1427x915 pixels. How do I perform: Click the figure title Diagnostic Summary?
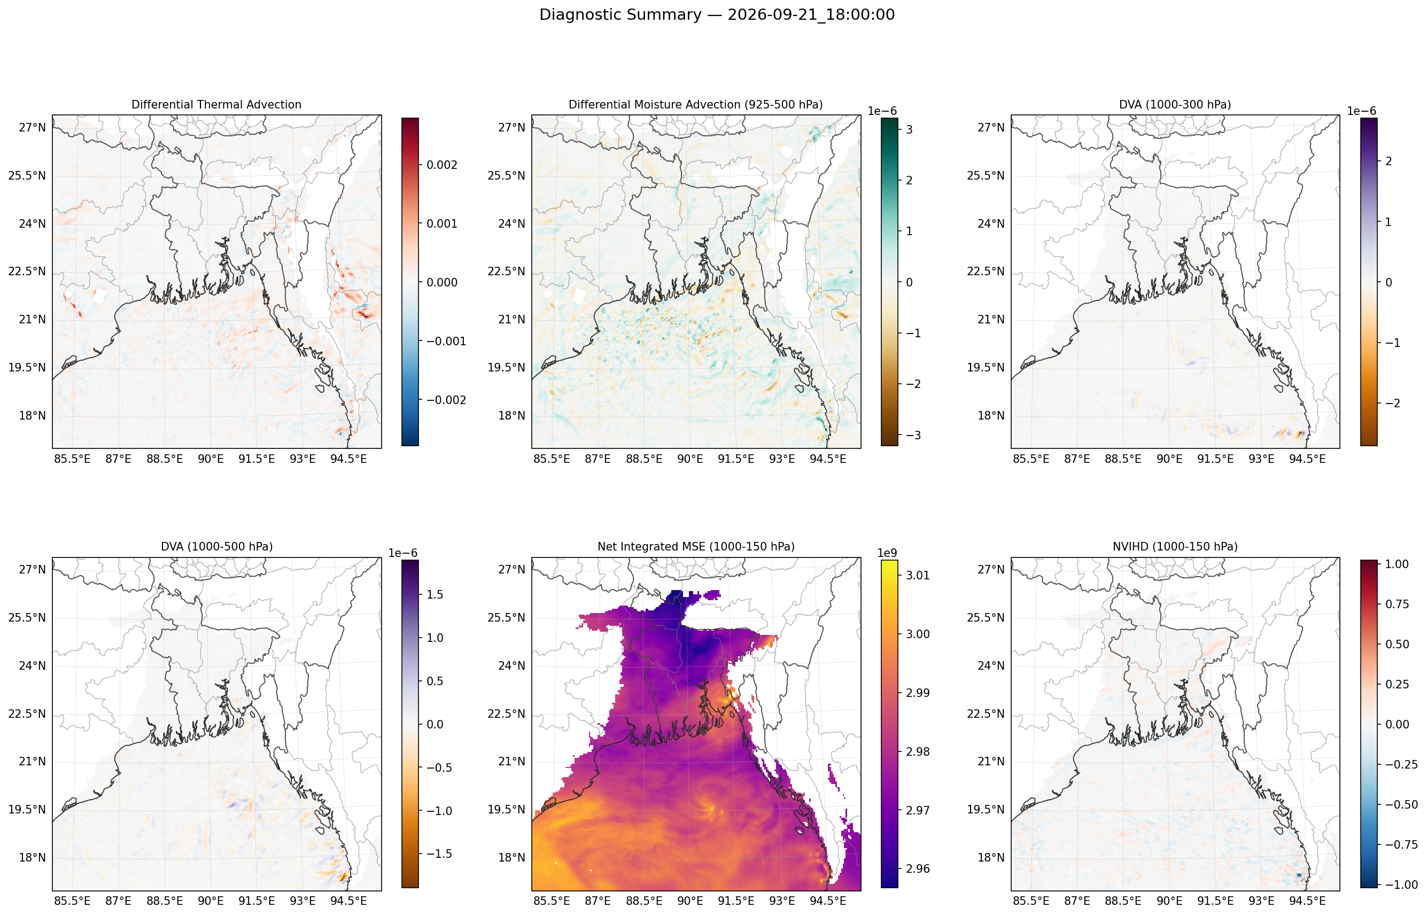(x=620, y=15)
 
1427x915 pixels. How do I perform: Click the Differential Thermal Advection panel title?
(x=216, y=105)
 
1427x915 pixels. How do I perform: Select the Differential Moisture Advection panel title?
(x=696, y=105)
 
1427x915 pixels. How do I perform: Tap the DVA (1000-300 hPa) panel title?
(x=1175, y=105)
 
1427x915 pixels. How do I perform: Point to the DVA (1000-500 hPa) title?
(x=217, y=547)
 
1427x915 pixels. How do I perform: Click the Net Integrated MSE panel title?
(x=696, y=547)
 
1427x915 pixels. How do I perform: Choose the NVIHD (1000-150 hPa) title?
(x=1175, y=547)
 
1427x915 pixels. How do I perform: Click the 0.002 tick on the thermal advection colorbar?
(x=442, y=165)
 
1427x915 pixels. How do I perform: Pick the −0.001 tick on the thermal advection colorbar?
(x=446, y=341)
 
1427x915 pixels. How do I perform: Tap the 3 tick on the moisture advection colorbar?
(x=910, y=129)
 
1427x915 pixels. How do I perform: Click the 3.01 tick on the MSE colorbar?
(x=918, y=575)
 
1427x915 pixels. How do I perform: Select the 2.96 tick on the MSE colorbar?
(x=918, y=869)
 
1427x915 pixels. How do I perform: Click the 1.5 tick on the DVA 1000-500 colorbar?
(x=436, y=594)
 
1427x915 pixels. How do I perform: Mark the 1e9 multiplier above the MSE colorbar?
(x=887, y=553)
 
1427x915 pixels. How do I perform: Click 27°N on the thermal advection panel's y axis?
(x=32, y=128)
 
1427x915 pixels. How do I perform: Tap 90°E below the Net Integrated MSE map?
(x=691, y=901)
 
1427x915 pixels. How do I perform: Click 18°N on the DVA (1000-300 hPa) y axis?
(x=991, y=415)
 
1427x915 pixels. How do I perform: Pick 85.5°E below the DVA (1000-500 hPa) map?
(x=73, y=901)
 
